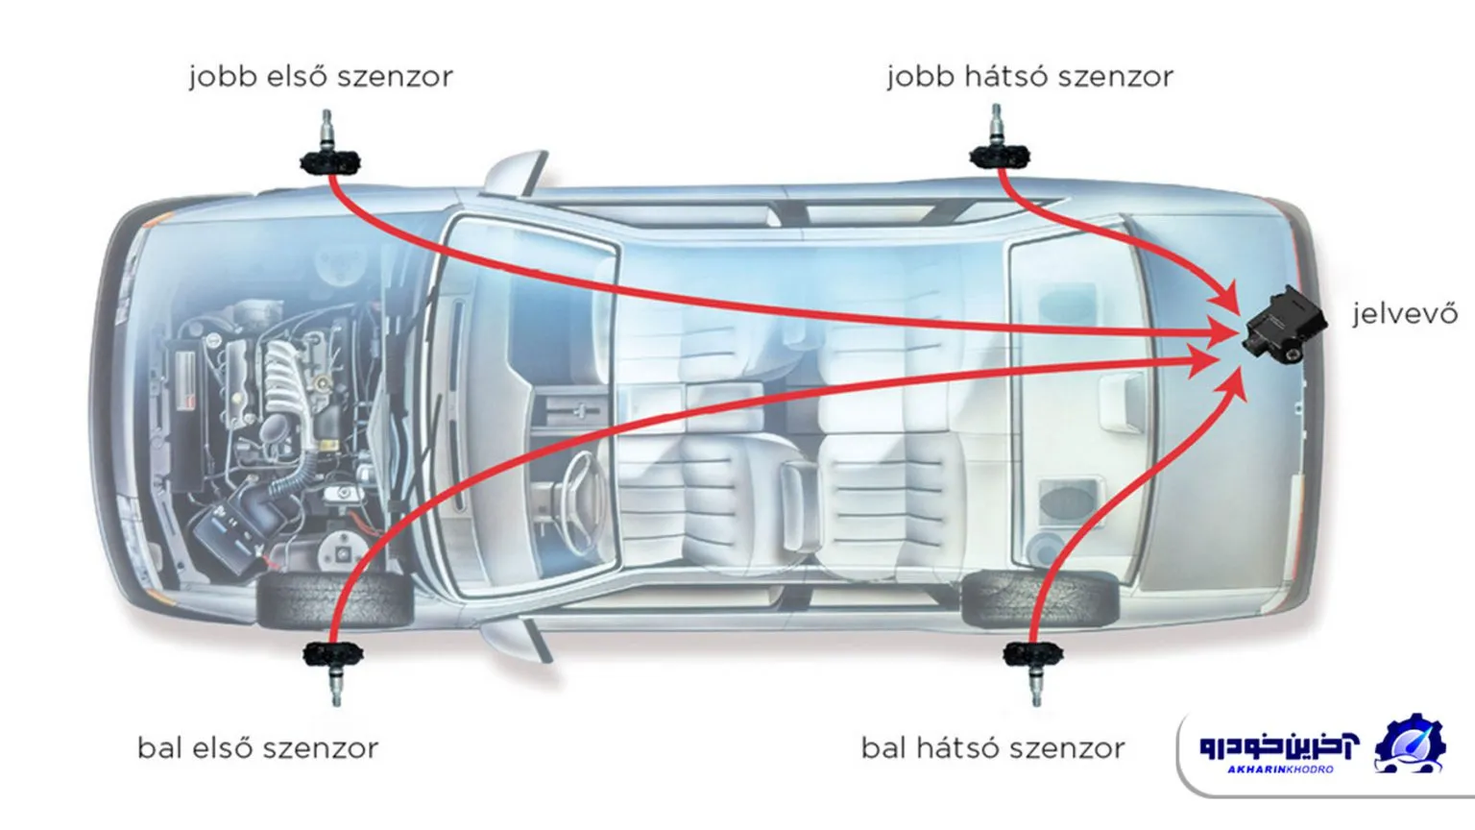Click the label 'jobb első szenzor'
(x=322, y=77)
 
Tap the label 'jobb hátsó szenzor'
(x=1029, y=77)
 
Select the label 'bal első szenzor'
(x=258, y=748)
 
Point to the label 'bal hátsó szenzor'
(x=993, y=748)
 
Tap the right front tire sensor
(x=329, y=146)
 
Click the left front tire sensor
(x=333, y=671)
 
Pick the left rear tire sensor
(x=1033, y=671)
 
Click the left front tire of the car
(x=334, y=600)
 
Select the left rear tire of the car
(x=1040, y=598)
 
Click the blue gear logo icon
(x=1409, y=745)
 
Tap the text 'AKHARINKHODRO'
(x=1280, y=769)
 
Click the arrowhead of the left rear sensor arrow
(x=1234, y=382)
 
